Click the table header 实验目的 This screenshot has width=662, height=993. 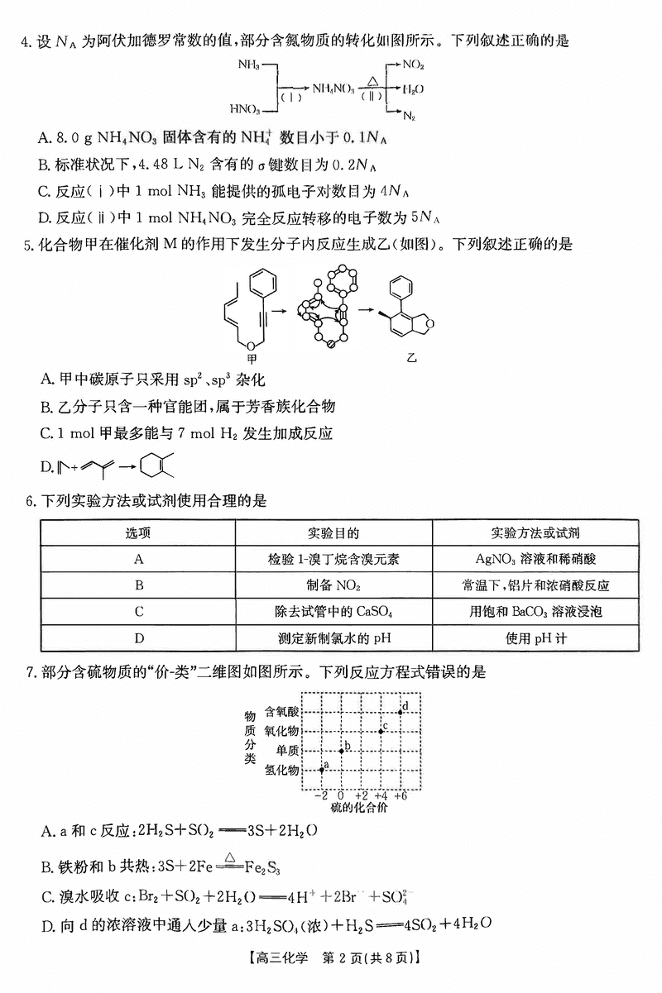[x=333, y=533]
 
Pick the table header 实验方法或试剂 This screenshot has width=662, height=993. [x=535, y=533]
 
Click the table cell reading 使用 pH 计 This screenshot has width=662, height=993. [x=535, y=637]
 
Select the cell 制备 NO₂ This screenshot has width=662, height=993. [x=333, y=585]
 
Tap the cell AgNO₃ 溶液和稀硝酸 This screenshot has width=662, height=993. [x=535, y=559]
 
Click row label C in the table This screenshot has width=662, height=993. [x=139, y=612]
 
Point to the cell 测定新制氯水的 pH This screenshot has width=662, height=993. [x=333, y=637]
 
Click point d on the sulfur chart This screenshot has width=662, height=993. [x=401, y=711]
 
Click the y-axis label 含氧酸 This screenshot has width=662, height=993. [x=281, y=711]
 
